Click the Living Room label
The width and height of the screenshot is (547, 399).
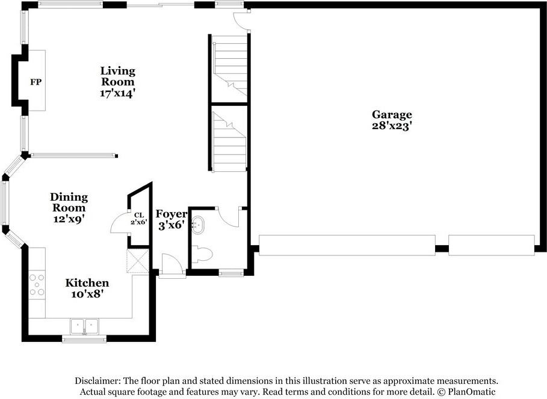117,76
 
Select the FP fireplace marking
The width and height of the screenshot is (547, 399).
36,82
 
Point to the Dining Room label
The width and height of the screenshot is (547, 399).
69,203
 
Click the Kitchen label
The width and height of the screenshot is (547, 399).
87,283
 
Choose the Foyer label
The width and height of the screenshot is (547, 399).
172,214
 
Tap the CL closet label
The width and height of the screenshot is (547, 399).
139,215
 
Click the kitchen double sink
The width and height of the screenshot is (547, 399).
85,326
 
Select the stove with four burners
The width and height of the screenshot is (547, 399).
37,284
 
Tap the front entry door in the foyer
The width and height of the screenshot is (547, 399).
172,264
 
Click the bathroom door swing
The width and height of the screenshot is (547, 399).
229,216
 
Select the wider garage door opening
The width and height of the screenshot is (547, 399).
347,245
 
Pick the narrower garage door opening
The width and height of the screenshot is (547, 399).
491,245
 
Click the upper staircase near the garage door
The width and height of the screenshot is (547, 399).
230,66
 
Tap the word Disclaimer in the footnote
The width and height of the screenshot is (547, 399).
97,381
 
